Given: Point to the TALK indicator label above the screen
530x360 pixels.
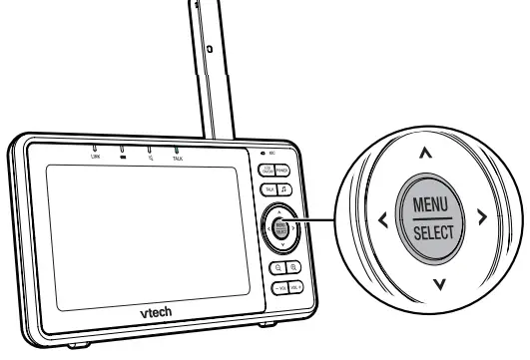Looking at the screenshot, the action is point(178,158).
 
